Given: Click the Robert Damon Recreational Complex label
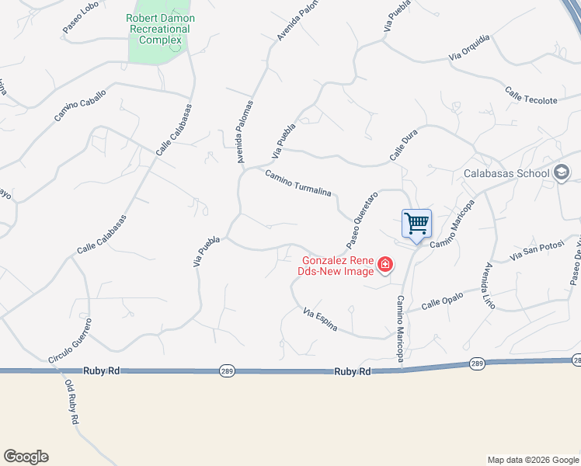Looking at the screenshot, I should (x=161, y=29).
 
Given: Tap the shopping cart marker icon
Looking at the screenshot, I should (x=416, y=224).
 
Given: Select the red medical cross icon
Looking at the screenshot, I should (x=384, y=266).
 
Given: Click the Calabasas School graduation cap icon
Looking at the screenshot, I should (x=562, y=173).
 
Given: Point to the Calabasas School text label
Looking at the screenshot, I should (x=506, y=173).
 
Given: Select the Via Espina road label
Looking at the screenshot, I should (x=320, y=319).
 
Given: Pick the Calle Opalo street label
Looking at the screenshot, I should (x=442, y=301).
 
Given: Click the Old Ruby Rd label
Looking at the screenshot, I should (x=71, y=402).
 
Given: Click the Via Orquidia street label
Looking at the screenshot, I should (x=469, y=47).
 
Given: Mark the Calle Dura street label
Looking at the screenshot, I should (x=403, y=147).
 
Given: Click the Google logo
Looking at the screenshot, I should (x=26, y=457).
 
